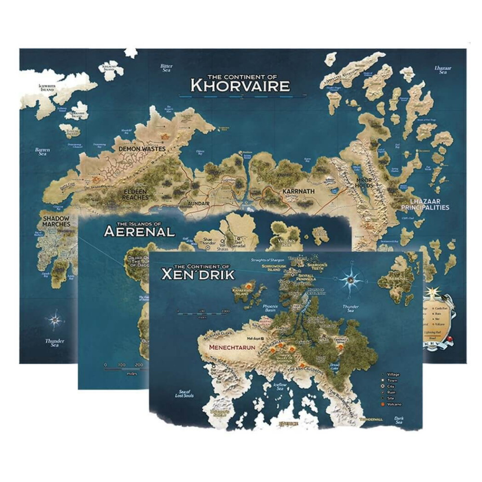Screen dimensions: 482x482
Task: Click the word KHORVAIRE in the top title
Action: pos(240,86)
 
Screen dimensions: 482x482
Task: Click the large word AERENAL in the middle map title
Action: pos(139,231)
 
